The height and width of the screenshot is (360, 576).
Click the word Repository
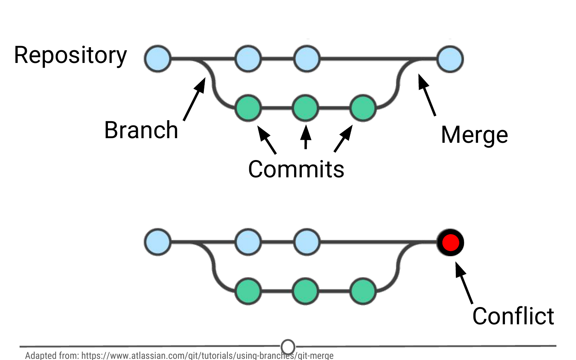[70, 56]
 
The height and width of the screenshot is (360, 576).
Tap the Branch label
[141, 130]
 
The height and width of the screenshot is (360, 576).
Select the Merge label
[474, 135]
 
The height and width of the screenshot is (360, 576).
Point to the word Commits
[296, 169]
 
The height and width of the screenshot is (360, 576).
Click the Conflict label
[513, 316]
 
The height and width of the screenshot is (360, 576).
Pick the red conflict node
[450, 243]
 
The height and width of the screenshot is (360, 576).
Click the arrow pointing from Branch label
[194, 99]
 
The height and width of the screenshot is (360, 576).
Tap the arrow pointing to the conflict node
[464, 282]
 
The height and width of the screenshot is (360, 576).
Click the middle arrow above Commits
[306, 137]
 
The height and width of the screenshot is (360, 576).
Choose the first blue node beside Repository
[158, 59]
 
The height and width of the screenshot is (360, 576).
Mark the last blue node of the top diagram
[450, 59]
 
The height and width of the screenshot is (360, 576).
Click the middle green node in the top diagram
[306, 108]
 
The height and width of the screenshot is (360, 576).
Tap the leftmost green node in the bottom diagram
[248, 292]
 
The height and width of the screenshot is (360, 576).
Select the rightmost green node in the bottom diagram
[363, 292]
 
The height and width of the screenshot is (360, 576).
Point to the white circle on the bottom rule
[288, 347]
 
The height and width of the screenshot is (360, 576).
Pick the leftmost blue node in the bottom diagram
[158, 242]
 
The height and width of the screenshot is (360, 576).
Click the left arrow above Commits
[267, 140]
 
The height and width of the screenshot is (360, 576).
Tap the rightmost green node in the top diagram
[363, 108]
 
